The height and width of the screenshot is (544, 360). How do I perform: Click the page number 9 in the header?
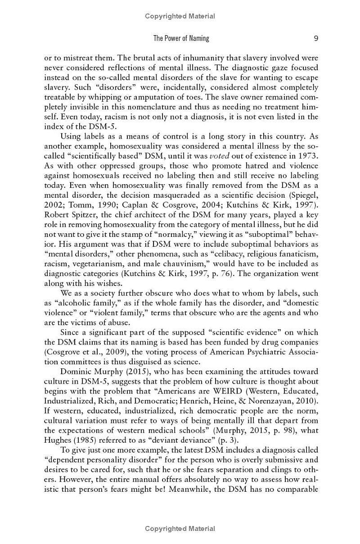click(316, 38)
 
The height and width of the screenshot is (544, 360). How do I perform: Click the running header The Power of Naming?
click(181, 38)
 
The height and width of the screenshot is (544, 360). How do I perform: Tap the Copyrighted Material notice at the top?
click(180, 16)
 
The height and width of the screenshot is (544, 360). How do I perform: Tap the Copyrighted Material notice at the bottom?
click(180, 529)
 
